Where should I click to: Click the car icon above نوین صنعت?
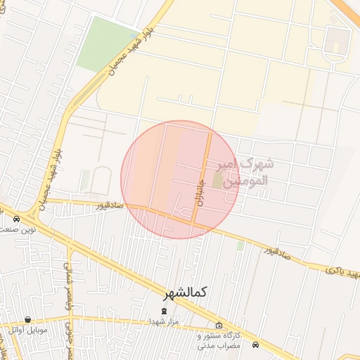click(17, 219)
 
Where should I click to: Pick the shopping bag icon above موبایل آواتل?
click(27, 319)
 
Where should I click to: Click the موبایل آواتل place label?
click(28, 329)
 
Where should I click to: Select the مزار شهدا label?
click(165, 321)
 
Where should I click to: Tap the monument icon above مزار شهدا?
click(165, 310)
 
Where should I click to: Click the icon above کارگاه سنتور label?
click(219, 325)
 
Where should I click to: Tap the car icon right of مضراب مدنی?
click(255, 345)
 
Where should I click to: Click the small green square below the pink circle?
click(240, 245)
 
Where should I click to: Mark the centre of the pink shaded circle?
click(180, 179)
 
